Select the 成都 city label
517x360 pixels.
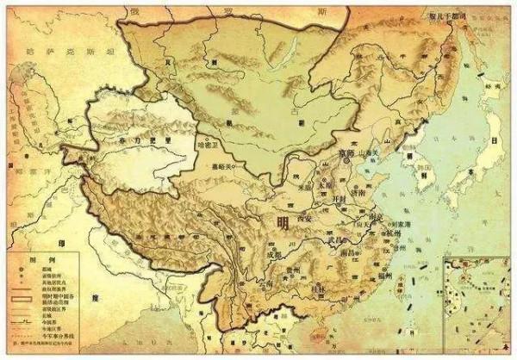273,254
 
